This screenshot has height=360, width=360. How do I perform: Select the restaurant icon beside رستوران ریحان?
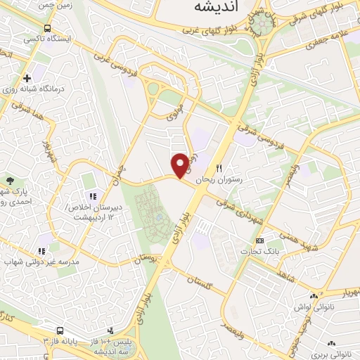click(x=219, y=169)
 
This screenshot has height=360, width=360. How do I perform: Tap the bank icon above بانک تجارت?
click(x=259, y=240)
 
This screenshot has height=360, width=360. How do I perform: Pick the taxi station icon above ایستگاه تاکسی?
click(x=46, y=29)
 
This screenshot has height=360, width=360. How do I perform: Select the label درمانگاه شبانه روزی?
click(x=31, y=89)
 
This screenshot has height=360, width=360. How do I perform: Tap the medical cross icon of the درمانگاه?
click(x=27, y=77)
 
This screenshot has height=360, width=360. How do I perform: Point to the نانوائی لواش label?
click(x=310, y=308)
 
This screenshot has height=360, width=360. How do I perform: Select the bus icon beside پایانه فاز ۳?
click(x=60, y=330)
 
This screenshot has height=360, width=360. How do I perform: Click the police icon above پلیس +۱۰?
click(x=109, y=330)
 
